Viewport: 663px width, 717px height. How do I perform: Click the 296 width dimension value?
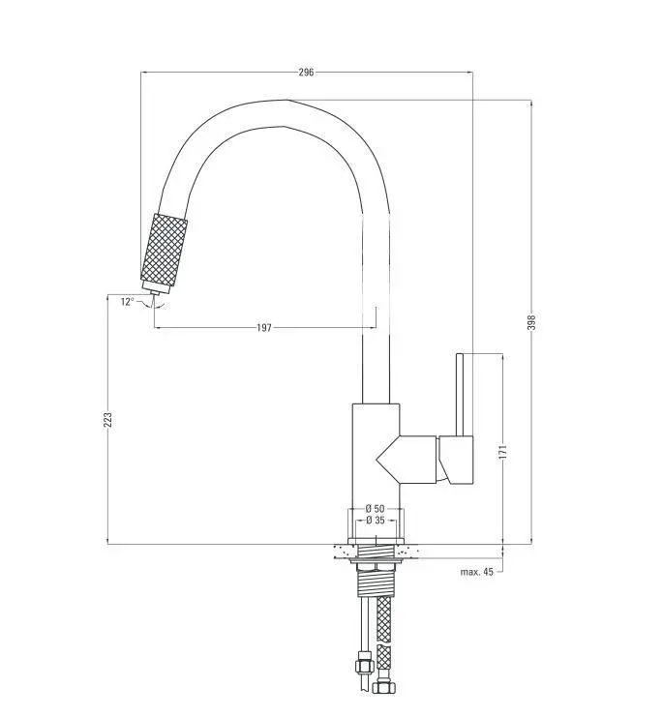tap(307, 73)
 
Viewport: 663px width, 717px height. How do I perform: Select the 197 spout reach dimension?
tap(264, 328)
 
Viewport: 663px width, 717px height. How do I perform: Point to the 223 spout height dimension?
tap(108, 419)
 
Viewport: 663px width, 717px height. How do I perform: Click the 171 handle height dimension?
tap(502, 452)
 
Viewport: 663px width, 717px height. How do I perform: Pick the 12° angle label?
tap(127, 302)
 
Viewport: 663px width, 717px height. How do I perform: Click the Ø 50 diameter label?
tap(376, 509)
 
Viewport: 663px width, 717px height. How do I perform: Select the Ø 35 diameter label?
tap(376, 521)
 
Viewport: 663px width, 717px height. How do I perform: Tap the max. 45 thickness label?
tap(476, 572)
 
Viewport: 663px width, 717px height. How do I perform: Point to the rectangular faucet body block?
tap(374, 455)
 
